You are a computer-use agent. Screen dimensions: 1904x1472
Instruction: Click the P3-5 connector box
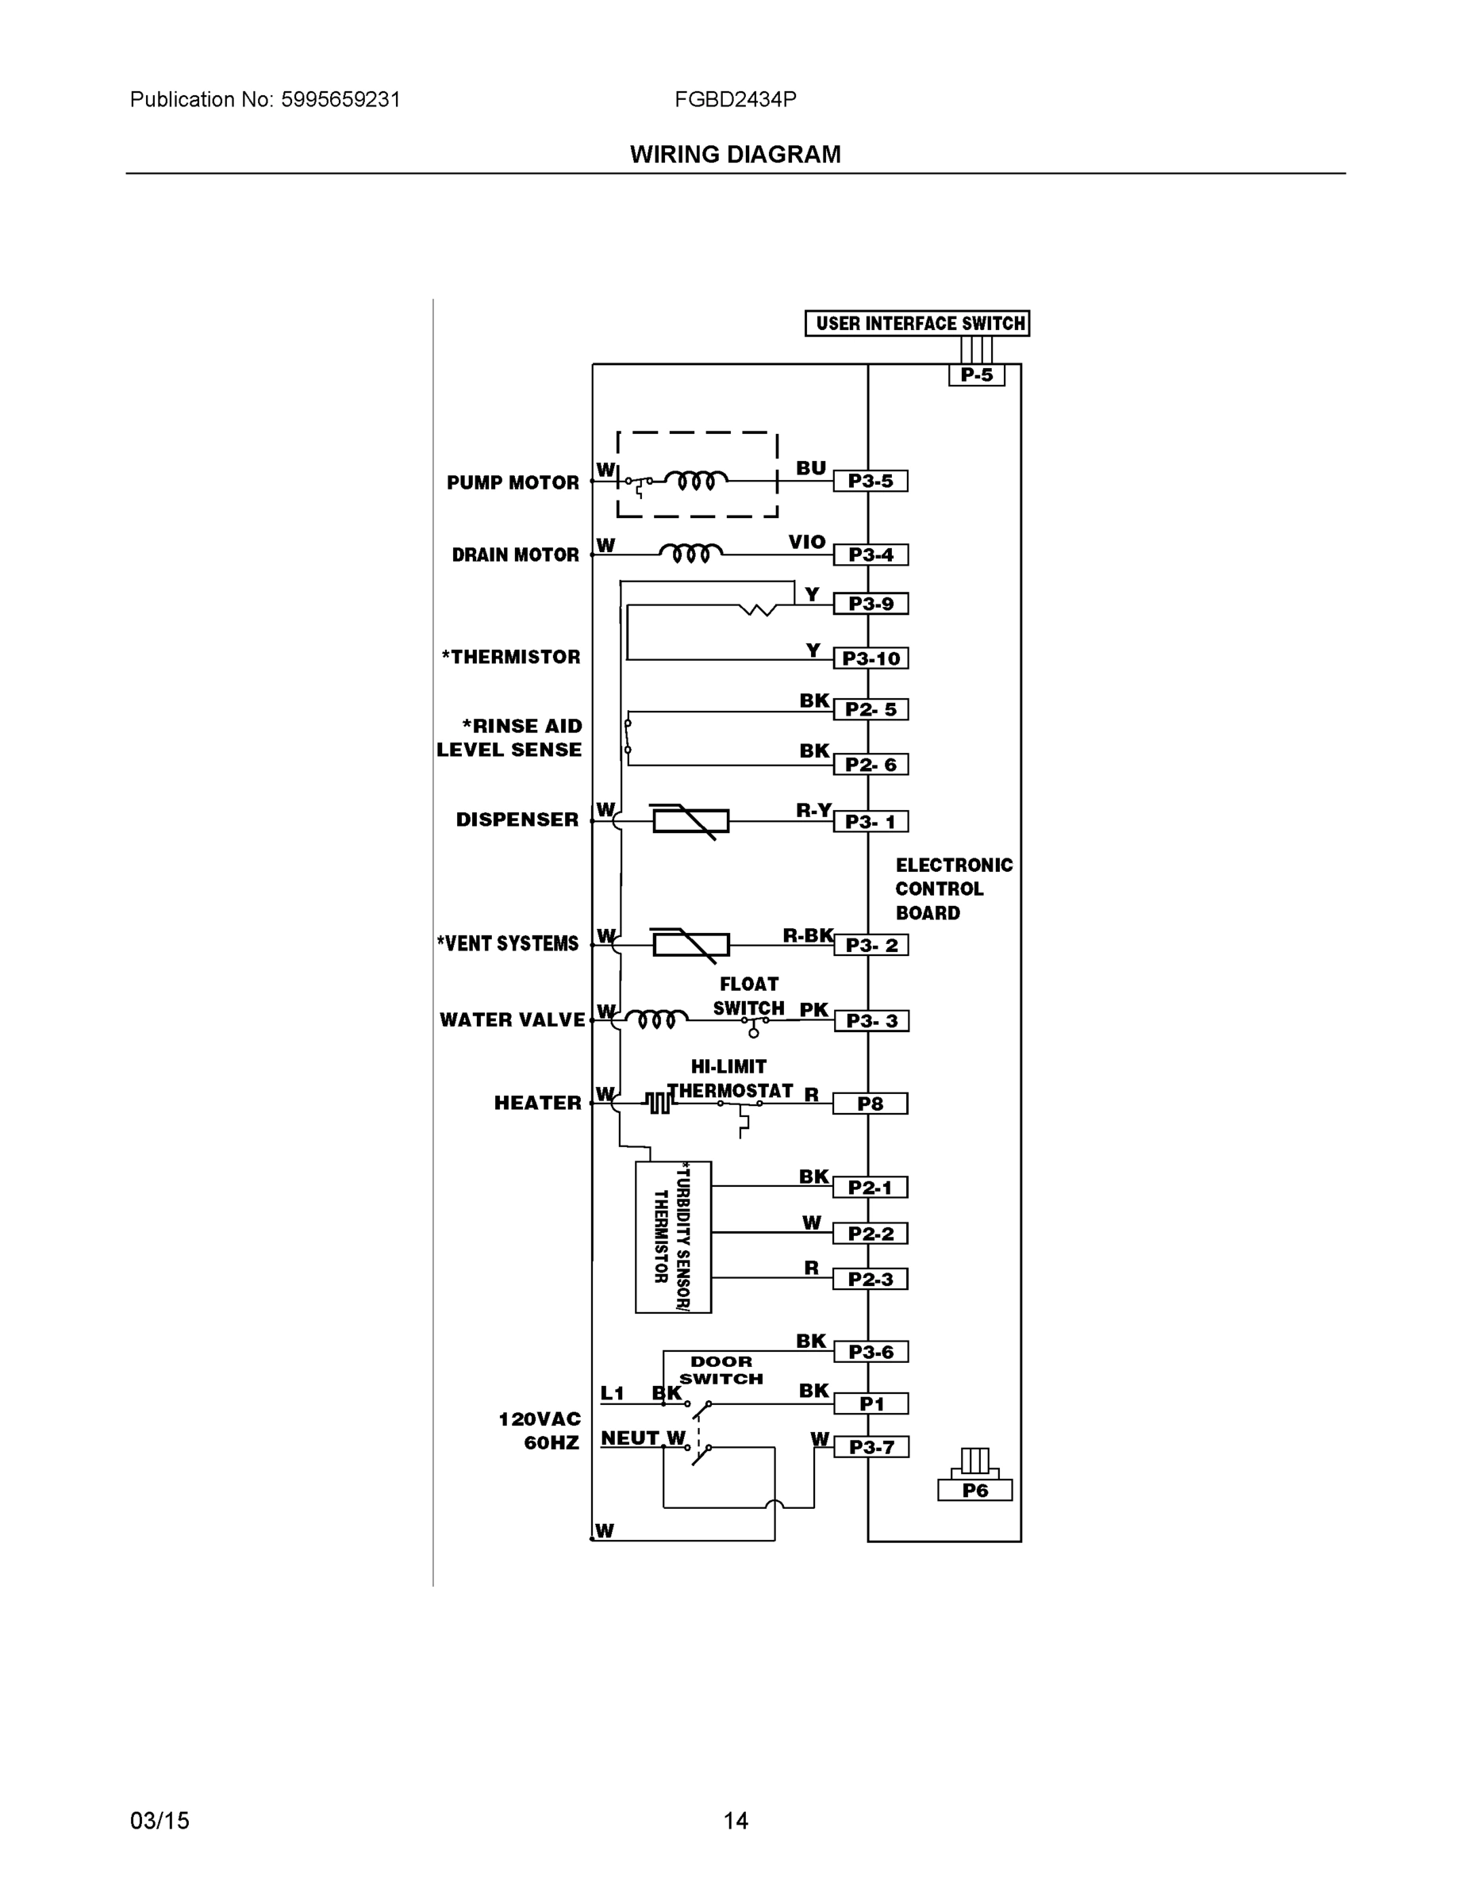[x=871, y=482]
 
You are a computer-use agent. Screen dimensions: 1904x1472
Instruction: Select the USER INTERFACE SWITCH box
[x=917, y=324]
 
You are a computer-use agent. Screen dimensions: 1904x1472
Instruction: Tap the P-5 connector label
[x=977, y=376]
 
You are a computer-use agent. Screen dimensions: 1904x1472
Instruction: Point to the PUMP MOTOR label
[x=513, y=483]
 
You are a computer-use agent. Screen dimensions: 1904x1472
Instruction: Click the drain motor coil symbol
[x=690, y=553]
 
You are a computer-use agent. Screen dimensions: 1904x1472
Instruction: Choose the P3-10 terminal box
[x=871, y=658]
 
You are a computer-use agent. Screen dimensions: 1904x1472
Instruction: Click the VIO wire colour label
[x=807, y=543]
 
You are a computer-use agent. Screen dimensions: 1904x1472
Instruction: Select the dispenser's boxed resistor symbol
[x=690, y=821]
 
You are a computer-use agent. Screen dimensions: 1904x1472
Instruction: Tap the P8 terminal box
[x=871, y=1104]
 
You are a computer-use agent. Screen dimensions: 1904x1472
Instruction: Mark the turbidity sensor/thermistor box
[x=673, y=1237]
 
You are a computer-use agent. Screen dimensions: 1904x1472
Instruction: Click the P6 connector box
[x=975, y=1491]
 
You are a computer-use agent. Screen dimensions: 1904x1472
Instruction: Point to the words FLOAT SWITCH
[x=748, y=996]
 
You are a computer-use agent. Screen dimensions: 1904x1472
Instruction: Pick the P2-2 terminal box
[x=871, y=1234]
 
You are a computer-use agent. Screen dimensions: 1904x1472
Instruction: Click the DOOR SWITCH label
[x=721, y=1369]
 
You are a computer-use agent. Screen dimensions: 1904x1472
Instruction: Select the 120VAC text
[x=539, y=1419]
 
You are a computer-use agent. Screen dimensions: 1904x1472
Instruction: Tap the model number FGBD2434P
[x=735, y=99]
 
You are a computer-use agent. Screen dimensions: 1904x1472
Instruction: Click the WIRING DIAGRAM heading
[x=735, y=155]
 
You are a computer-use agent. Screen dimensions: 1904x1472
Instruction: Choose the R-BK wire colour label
[x=808, y=936]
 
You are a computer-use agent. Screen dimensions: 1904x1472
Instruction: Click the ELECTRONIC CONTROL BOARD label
[x=953, y=889]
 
